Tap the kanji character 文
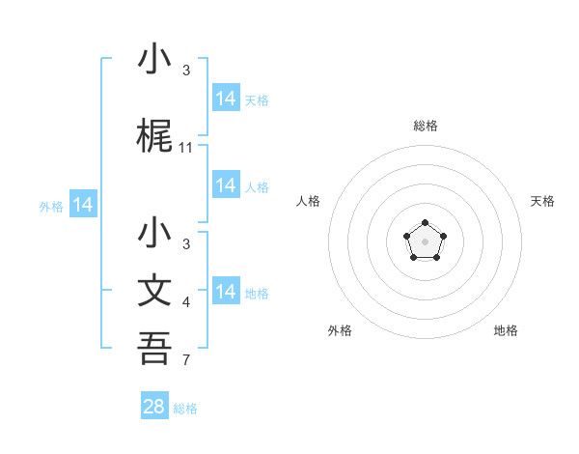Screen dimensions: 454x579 tap(155, 293)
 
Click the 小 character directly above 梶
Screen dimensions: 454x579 tap(155, 61)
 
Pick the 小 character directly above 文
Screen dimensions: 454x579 tap(155, 235)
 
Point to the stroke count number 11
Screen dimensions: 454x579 tap(186, 148)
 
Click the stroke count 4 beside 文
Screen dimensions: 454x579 tap(186, 303)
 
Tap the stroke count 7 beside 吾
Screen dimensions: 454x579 tap(186, 361)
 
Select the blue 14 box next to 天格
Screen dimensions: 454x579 tap(226, 98)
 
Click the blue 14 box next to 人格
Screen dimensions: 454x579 tap(226, 184)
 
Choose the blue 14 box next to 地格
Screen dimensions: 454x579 tap(226, 292)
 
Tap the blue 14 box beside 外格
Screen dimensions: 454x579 tap(83, 205)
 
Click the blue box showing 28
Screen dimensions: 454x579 tap(154, 407)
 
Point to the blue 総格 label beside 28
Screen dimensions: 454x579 tap(185, 409)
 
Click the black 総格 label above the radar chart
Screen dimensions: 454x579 tap(425, 126)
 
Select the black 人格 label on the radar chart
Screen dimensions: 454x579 tap(309, 201)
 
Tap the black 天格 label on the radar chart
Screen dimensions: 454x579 tap(542, 201)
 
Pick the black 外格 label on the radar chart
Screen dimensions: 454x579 tap(340, 330)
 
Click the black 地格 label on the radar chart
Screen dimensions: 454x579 tap(506, 330)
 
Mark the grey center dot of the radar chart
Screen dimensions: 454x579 tap(425, 241)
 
